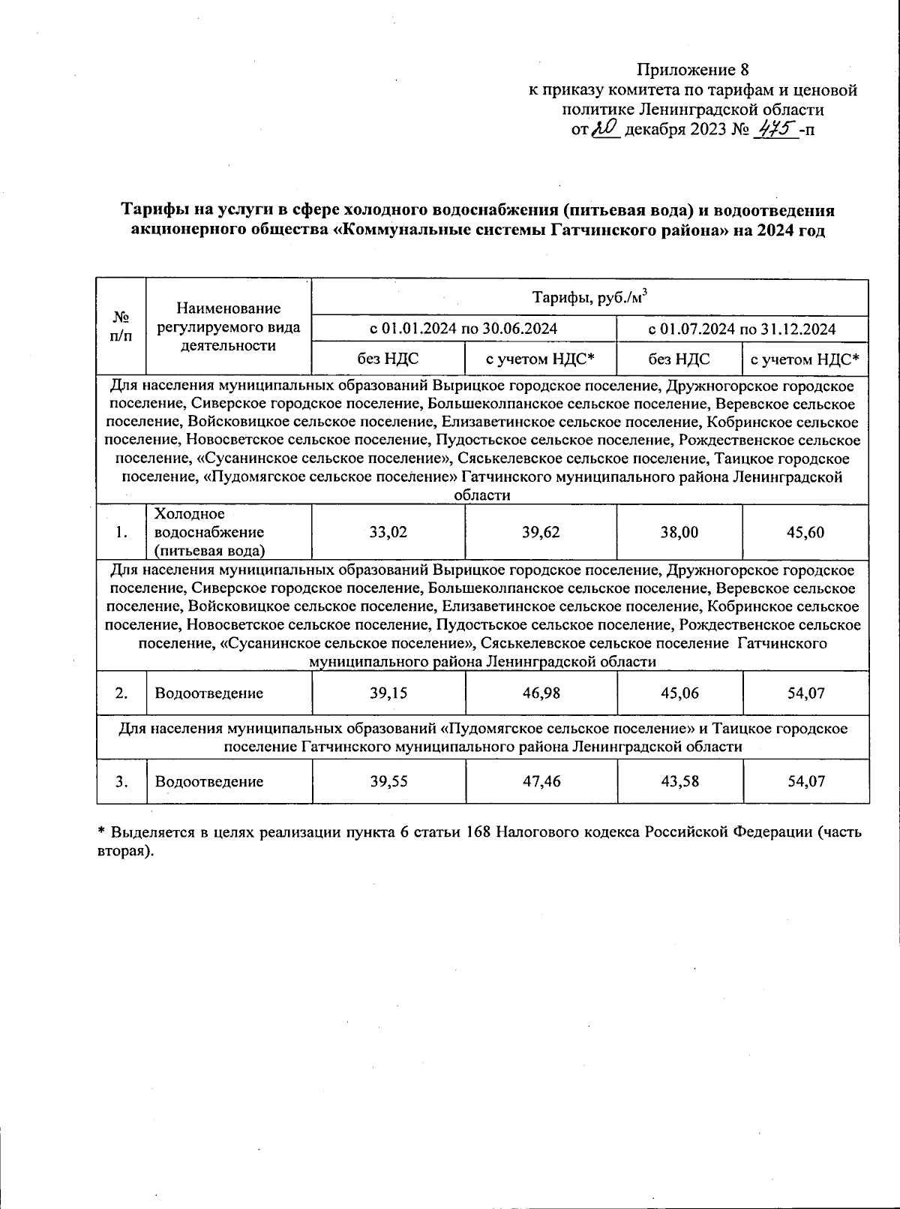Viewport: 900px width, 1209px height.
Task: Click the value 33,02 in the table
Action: (x=388, y=533)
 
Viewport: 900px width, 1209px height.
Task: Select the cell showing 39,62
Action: (x=541, y=533)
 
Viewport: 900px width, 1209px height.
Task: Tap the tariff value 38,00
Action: (x=679, y=533)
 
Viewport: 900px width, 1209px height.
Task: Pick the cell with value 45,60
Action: (x=805, y=533)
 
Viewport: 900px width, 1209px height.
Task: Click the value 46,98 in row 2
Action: (x=541, y=693)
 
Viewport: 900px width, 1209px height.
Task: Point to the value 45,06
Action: (x=679, y=693)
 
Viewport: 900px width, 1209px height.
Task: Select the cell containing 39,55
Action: (x=388, y=782)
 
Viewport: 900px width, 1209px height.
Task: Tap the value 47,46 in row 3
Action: (x=541, y=782)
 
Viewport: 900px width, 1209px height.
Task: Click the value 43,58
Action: (x=679, y=782)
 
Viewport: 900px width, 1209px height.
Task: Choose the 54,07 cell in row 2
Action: (x=805, y=693)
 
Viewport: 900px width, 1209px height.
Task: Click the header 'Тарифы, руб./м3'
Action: (x=589, y=298)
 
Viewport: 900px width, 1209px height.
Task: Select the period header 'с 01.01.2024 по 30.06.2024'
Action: (x=464, y=329)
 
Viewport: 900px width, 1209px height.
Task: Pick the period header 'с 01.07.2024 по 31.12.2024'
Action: (x=742, y=329)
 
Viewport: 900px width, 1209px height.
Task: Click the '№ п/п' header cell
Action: (x=121, y=327)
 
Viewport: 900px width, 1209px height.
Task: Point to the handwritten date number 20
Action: (x=604, y=129)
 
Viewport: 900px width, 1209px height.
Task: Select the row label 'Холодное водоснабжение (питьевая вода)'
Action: (x=209, y=533)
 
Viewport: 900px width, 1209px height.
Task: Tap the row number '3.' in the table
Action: (x=121, y=782)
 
